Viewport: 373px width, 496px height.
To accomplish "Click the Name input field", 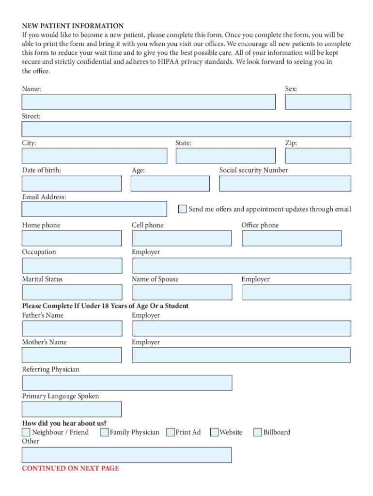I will click(x=148, y=102).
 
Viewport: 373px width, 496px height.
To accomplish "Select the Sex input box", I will click(x=318, y=102).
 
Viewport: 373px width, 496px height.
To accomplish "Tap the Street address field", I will click(x=186, y=129).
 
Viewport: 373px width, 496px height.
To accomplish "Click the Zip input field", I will click(x=318, y=155).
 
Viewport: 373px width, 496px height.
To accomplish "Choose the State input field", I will click(x=225, y=155).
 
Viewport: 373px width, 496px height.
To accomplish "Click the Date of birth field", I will click(x=72, y=183).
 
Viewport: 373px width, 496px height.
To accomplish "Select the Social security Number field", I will click(x=285, y=183).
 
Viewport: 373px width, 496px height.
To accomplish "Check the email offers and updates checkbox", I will click(x=182, y=209).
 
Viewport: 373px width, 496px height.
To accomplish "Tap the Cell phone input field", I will click(x=182, y=238).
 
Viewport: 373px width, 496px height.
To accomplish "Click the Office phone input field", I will click(x=292, y=238).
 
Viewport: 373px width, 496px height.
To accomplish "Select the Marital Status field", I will click(x=72, y=292).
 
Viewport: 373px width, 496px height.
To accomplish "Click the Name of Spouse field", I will click(x=182, y=292).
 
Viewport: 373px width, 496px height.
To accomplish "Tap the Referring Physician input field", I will click(x=127, y=382).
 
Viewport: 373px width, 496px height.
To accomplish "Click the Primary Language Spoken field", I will click(x=72, y=409).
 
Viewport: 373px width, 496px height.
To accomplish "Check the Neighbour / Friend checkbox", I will click(x=26, y=432).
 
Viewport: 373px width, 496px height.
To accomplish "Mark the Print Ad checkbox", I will click(x=171, y=432).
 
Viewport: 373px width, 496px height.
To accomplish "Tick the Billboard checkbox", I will click(x=258, y=432).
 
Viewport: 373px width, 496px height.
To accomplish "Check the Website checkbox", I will click(x=214, y=432).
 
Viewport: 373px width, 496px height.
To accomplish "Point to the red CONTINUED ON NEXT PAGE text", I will click(x=70, y=468).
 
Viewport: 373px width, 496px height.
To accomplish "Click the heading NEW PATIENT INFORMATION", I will click(x=73, y=26).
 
